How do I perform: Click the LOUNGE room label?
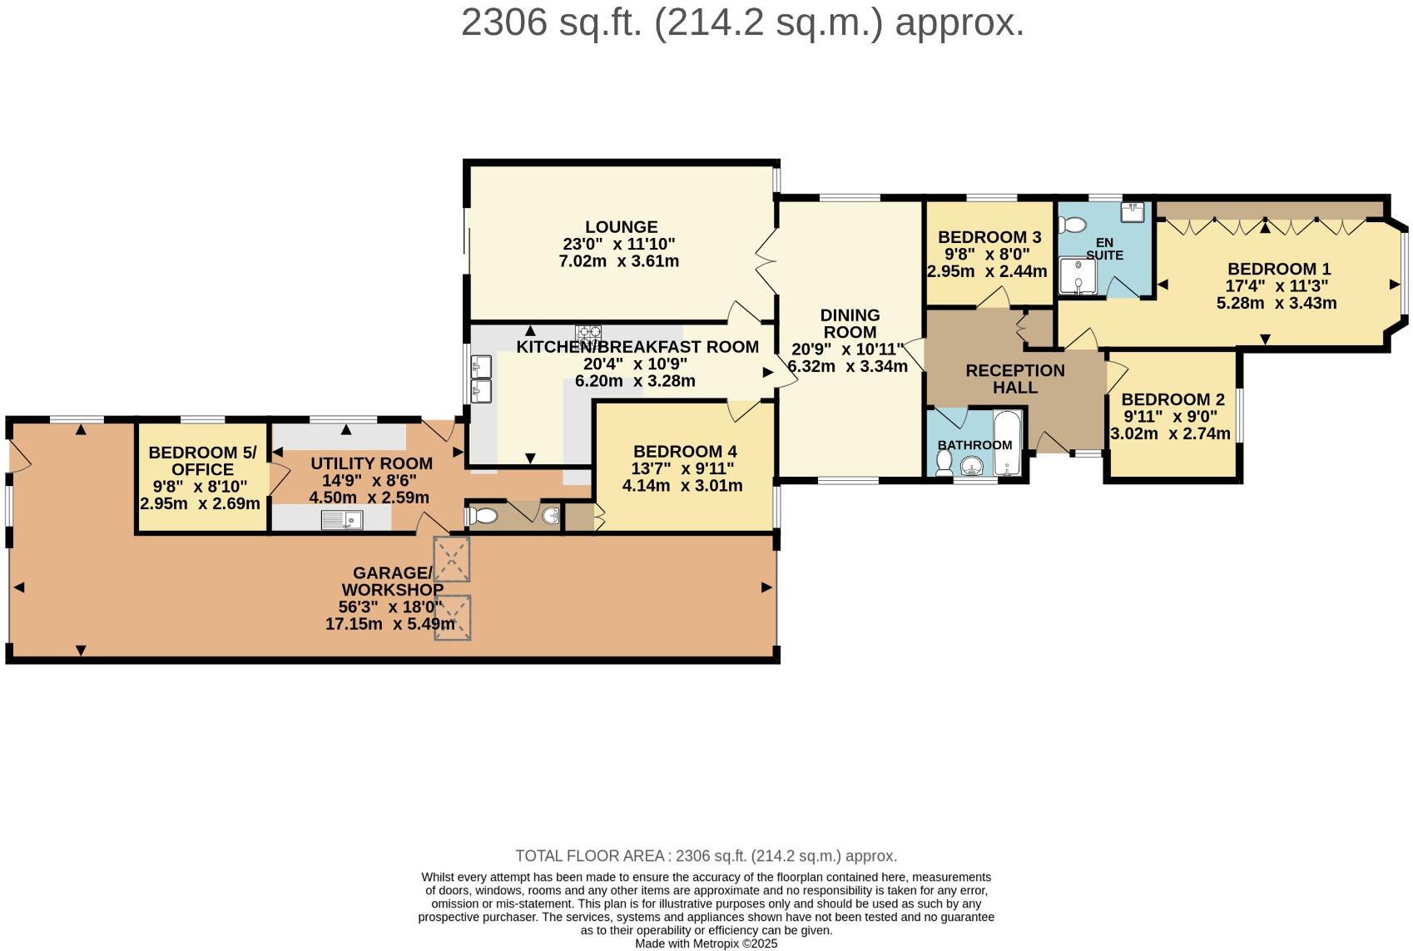622,227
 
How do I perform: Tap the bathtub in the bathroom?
1007,443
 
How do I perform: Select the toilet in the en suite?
1073,225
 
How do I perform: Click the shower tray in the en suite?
1078,275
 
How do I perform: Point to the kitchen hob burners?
588,334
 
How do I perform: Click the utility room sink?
342,520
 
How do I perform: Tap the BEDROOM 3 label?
989,237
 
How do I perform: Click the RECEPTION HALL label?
1015,379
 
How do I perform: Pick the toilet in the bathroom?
944,463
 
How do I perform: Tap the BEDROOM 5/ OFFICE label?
202,461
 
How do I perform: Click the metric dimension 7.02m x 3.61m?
619,261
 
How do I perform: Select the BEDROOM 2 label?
1173,399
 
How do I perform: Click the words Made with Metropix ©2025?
706,944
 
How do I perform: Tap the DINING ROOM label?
850,324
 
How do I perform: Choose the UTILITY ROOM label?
371,463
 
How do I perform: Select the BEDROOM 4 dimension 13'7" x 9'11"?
682,468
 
